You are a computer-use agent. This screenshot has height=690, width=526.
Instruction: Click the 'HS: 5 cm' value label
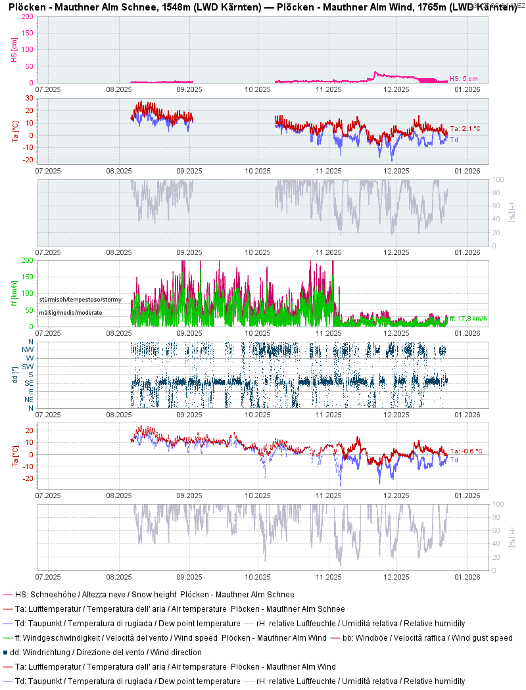click(464, 79)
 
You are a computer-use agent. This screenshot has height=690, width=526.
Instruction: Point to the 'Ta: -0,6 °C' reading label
click(466, 451)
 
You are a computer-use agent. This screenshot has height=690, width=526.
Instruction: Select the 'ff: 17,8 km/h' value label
click(467, 319)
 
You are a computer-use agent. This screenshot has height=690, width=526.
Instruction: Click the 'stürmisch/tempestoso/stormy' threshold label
click(80, 300)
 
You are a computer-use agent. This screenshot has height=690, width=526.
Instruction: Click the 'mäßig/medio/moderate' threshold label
click(70, 313)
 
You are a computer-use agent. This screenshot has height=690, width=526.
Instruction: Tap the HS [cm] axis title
click(14, 49)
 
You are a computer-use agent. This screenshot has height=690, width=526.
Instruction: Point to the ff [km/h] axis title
click(14, 294)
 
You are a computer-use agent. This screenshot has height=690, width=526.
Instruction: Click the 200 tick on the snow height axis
click(28, 16)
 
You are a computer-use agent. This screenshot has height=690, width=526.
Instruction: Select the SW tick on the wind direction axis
click(28, 366)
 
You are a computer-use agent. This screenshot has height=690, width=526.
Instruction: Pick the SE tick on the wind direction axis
click(29, 383)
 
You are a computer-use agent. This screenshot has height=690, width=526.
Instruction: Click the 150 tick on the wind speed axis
click(28, 277)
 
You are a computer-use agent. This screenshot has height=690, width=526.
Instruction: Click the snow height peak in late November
click(375, 72)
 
